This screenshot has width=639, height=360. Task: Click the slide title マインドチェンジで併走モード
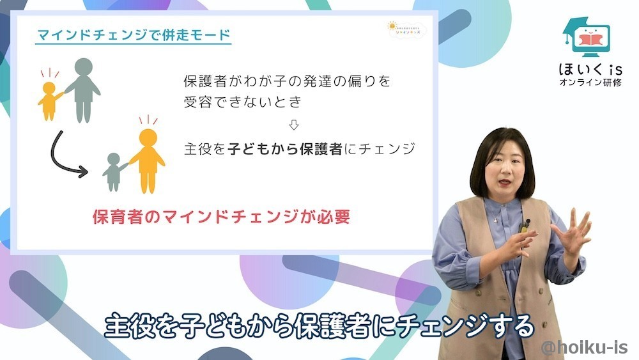point(133,35)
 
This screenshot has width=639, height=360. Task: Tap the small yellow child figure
point(49,99)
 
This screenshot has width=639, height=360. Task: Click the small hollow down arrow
point(294,124)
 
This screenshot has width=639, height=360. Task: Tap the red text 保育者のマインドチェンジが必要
point(221,216)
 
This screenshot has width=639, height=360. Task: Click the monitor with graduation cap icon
point(585,37)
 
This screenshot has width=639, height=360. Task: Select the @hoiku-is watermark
point(584,347)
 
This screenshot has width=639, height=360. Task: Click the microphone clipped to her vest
point(526,225)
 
